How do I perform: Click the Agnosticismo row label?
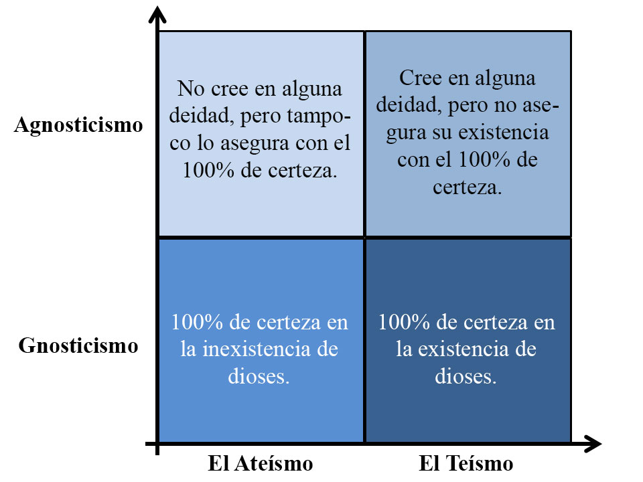pos(78,126)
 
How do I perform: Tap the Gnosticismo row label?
pos(78,345)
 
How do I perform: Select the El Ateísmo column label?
pos(261,463)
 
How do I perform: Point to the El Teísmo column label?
pos(466,463)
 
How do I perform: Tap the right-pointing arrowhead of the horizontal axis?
pos(593,444)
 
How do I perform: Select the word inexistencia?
pos(257,349)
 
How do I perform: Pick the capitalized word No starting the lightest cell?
pos(191,88)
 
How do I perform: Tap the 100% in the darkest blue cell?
pos(403,322)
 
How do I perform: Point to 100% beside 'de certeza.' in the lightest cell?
pos(208,170)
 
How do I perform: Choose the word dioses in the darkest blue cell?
pos(466,376)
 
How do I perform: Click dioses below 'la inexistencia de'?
pos(259,376)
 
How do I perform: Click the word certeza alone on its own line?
pos(467,187)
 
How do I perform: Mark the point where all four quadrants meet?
pos(364,237)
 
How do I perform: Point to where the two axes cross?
pos(157,444)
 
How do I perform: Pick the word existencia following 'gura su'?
pos(503,133)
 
